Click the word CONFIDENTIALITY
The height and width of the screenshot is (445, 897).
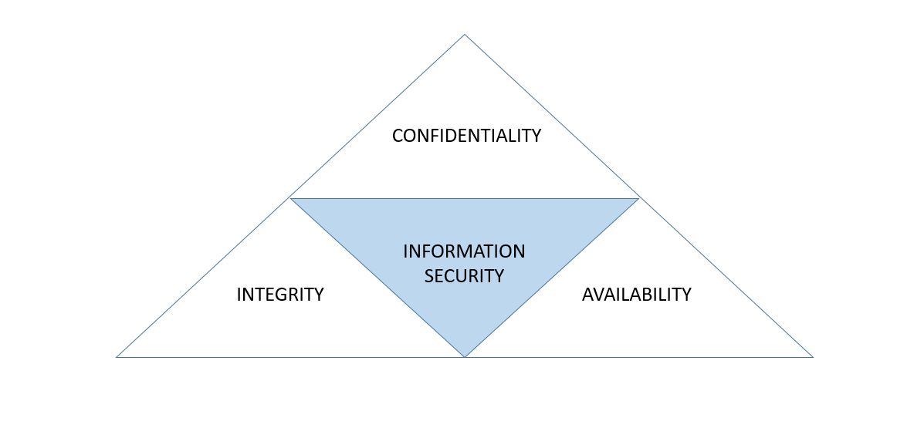point(466,137)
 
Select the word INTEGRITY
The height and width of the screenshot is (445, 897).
point(279,295)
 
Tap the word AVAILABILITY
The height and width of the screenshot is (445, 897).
point(636,295)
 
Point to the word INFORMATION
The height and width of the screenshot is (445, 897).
point(464,252)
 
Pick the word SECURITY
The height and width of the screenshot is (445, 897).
point(464,276)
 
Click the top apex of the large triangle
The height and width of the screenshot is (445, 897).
point(465,35)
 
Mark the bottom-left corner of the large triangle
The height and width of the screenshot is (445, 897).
point(117,357)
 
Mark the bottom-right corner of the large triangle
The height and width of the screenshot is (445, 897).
point(812,357)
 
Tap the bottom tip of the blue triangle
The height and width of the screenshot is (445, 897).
point(465,356)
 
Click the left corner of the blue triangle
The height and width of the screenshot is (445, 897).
point(292,199)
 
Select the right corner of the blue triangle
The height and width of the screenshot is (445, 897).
point(638,199)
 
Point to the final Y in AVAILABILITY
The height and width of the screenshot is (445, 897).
point(685,295)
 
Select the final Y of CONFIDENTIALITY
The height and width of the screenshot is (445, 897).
point(536,137)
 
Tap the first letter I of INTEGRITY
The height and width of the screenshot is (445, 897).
point(239,295)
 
